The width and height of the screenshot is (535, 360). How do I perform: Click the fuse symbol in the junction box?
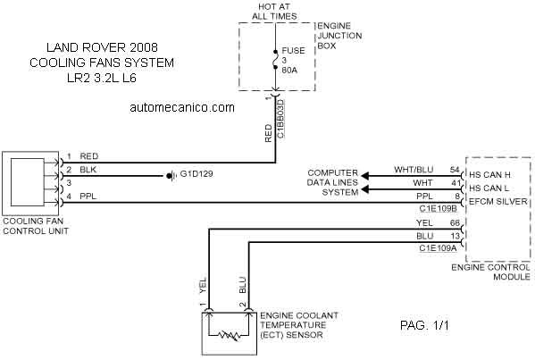(275, 60)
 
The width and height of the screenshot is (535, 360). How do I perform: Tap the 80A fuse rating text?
(289, 71)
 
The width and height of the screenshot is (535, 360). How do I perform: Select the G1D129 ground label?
(196, 173)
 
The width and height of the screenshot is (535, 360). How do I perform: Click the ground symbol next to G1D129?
(171, 176)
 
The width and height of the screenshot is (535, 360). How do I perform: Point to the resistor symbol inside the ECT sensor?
(230, 335)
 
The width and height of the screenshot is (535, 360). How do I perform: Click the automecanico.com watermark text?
(182, 107)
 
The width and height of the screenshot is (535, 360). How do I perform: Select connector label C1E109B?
(439, 208)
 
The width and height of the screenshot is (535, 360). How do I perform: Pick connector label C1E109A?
(438, 248)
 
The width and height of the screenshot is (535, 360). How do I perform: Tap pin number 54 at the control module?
(455, 170)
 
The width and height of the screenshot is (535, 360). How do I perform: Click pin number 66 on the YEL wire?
(455, 223)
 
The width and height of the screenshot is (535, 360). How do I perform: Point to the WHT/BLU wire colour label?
(414, 170)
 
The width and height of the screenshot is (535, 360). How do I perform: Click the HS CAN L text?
(489, 188)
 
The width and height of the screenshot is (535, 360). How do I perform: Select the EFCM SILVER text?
(498, 201)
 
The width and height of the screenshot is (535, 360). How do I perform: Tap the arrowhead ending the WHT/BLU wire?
(365, 176)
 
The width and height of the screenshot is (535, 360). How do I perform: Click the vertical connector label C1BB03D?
(280, 119)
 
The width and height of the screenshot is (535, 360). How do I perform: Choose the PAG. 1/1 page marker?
(424, 325)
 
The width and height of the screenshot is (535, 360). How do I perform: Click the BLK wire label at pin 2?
(88, 170)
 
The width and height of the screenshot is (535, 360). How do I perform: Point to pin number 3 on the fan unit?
(69, 183)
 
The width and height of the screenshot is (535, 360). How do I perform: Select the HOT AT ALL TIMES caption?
(274, 12)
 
